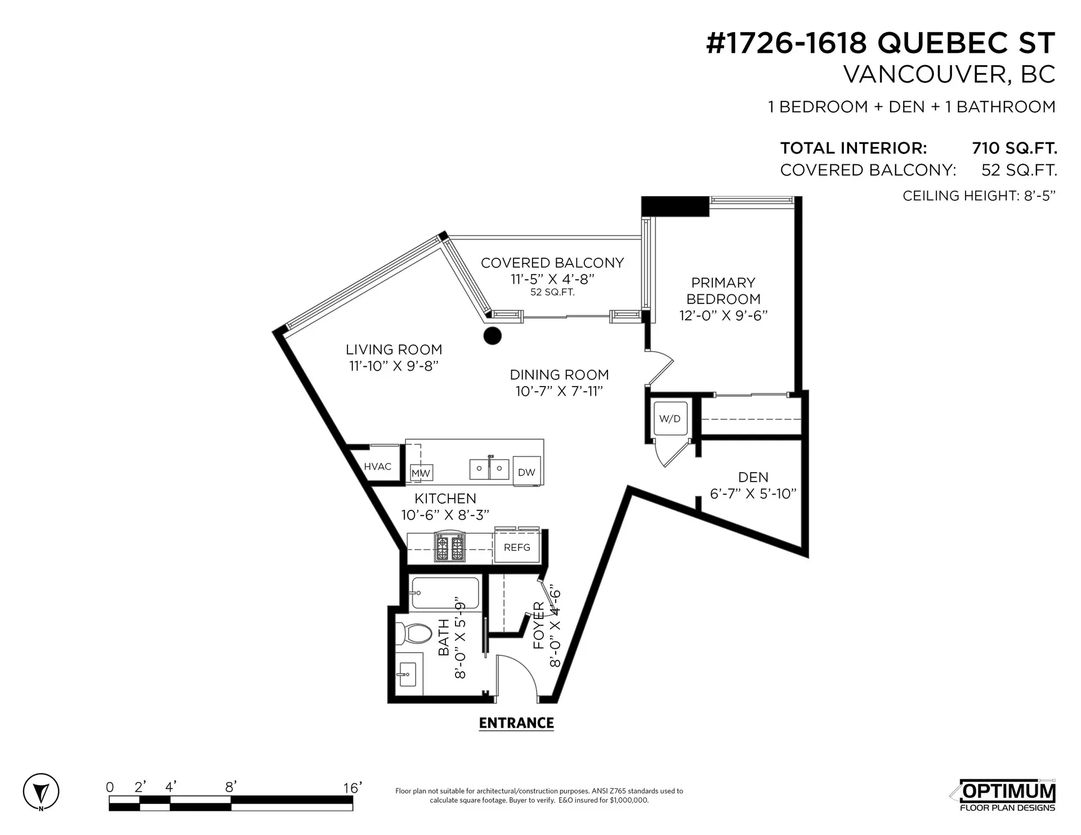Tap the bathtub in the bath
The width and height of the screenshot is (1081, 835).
point(445,594)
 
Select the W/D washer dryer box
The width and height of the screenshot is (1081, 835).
point(670,419)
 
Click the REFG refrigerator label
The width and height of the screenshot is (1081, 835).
point(517,547)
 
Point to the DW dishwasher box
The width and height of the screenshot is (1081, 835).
point(526,472)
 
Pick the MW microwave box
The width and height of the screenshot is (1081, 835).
point(421,473)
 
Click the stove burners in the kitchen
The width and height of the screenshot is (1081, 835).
point(449,548)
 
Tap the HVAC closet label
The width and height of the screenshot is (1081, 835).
point(377,466)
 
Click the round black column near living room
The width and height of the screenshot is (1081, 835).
point(492,336)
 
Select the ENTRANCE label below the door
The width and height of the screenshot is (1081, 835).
point(516,723)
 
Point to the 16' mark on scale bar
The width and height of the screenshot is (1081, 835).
point(352,788)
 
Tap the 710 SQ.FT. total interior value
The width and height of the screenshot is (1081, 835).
point(1014,149)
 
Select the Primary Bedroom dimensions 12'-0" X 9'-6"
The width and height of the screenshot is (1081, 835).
point(723,316)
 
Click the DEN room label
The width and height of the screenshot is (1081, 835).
point(753,477)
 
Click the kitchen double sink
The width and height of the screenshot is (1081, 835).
point(489,469)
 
